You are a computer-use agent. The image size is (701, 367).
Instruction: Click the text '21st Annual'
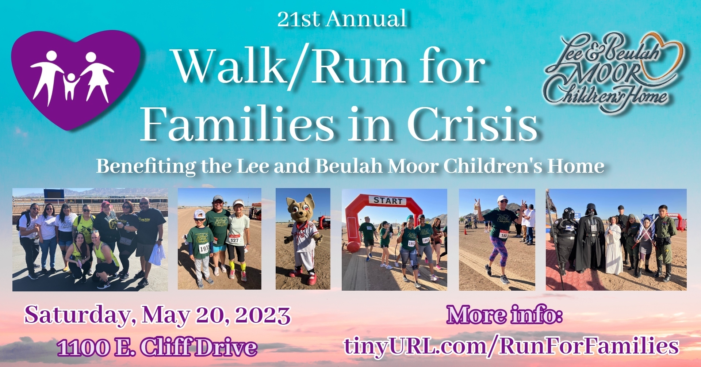pos(342,19)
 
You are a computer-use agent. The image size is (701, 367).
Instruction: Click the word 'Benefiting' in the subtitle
pos(146,167)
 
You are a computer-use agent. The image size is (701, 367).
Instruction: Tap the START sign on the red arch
pos(388,200)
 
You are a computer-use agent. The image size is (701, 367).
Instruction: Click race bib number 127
pos(234,240)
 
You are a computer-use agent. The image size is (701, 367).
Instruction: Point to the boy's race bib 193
pos(204,249)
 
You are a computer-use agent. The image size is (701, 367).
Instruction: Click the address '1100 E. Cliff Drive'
pos(157,347)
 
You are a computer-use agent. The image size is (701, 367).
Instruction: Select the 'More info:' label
pos(504,315)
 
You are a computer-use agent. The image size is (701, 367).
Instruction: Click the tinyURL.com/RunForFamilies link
pos(511,345)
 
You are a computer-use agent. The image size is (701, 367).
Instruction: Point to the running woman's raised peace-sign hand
pos(477,205)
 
